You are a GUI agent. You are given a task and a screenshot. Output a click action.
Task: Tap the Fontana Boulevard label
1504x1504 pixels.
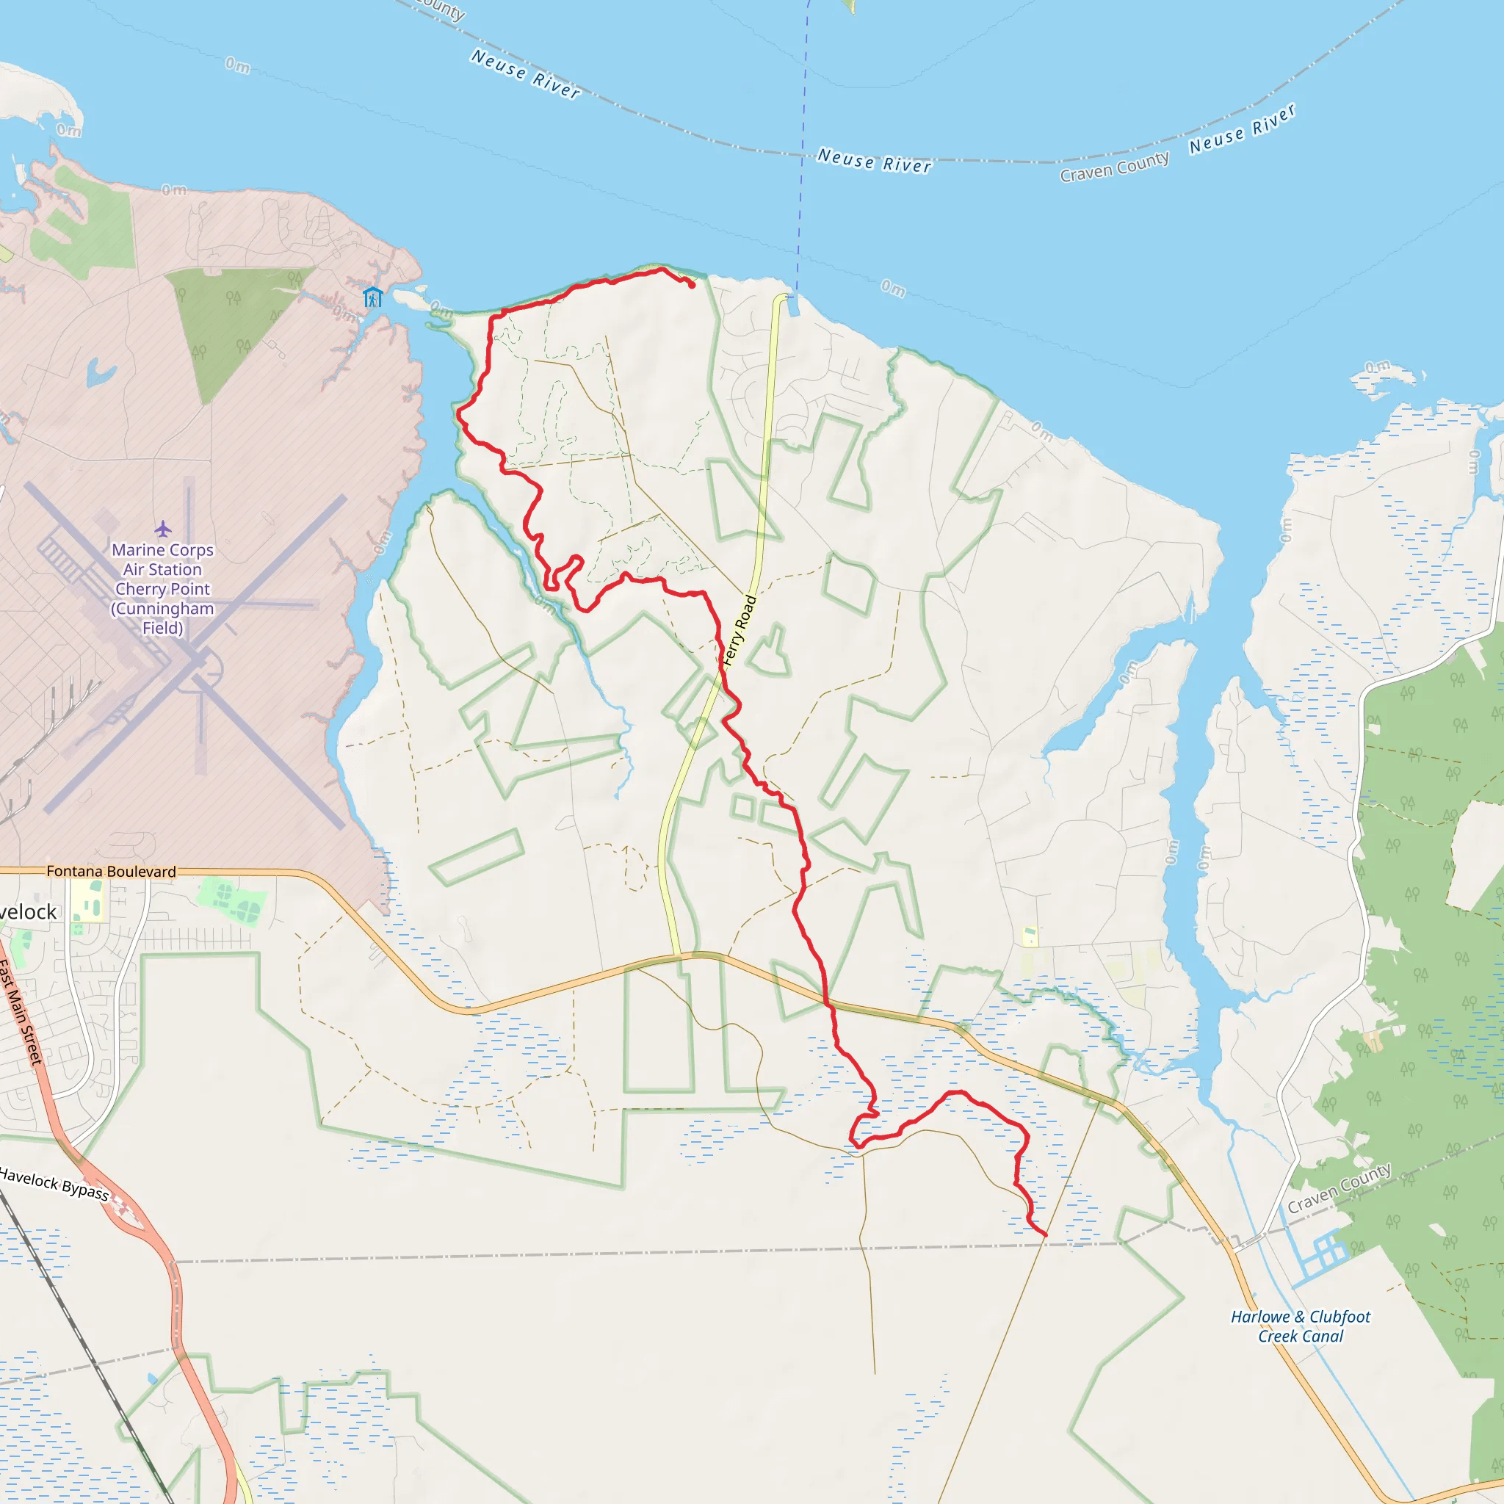[x=112, y=871]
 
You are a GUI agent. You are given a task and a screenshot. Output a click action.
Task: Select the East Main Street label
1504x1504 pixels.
[x=21, y=1013]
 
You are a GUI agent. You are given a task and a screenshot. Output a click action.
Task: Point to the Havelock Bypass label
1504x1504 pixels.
[x=54, y=1182]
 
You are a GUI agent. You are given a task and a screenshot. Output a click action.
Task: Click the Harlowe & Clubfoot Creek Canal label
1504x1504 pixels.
[x=1300, y=1326]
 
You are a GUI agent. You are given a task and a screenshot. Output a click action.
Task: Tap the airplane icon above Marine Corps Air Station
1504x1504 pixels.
[x=163, y=529]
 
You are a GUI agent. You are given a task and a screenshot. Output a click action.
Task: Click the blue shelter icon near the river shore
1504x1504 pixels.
[x=373, y=297]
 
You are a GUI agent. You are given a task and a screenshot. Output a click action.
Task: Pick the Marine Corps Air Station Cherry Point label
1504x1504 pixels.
[x=163, y=588]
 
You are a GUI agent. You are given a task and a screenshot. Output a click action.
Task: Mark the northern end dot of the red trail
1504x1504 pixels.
[x=691, y=285]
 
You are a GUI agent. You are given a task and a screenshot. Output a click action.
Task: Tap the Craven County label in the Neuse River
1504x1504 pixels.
[x=1114, y=167]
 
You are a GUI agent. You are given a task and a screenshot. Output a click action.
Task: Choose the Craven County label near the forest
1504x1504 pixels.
[x=1338, y=1189]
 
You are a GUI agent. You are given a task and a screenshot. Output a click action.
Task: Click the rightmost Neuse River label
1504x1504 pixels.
[x=1243, y=129]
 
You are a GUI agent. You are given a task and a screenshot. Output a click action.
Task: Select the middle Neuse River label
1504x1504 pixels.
[x=874, y=160]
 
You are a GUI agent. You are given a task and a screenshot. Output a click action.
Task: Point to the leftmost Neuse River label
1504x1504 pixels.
[x=526, y=75]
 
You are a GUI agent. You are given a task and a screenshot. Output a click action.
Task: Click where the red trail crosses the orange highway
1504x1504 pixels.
[x=827, y=1004]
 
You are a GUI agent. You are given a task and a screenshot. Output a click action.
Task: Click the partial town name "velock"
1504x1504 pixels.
[x=28, y=911]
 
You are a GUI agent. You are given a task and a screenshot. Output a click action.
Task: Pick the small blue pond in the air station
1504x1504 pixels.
[x=100, y=373]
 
